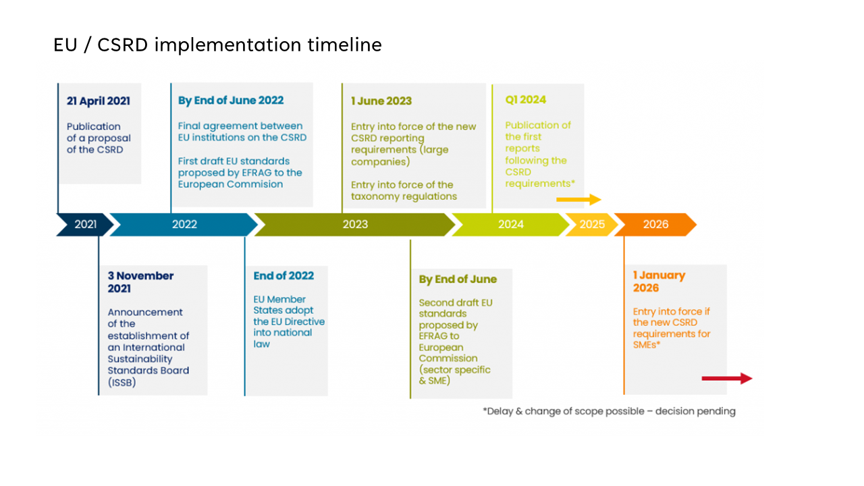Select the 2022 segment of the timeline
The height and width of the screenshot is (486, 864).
coord(184,225)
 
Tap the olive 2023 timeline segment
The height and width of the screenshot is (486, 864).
coord(355,225)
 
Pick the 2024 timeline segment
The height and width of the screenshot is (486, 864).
coord(510,225)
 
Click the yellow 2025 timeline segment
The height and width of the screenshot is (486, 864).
coord(592,225)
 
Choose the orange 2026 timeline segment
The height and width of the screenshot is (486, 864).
coord(655,225)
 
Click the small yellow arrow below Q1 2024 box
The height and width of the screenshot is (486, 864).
coord(578,200)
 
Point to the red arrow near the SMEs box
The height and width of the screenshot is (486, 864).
coord(727,379)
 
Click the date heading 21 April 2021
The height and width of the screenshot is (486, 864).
coord(99,101)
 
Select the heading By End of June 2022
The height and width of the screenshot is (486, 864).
coord(231,101)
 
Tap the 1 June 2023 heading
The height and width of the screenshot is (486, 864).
coord(381,101)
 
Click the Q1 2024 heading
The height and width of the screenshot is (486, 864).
coord(526,99)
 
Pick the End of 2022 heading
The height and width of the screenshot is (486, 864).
coord(283,276)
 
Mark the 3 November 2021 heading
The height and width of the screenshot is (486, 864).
coord(140,282)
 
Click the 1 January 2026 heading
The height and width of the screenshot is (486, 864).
coord(659,281)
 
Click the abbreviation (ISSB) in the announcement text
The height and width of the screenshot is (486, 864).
coord(122,383)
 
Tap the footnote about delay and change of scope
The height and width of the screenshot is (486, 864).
coord(609,411)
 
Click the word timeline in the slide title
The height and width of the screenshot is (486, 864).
coord(344,45)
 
